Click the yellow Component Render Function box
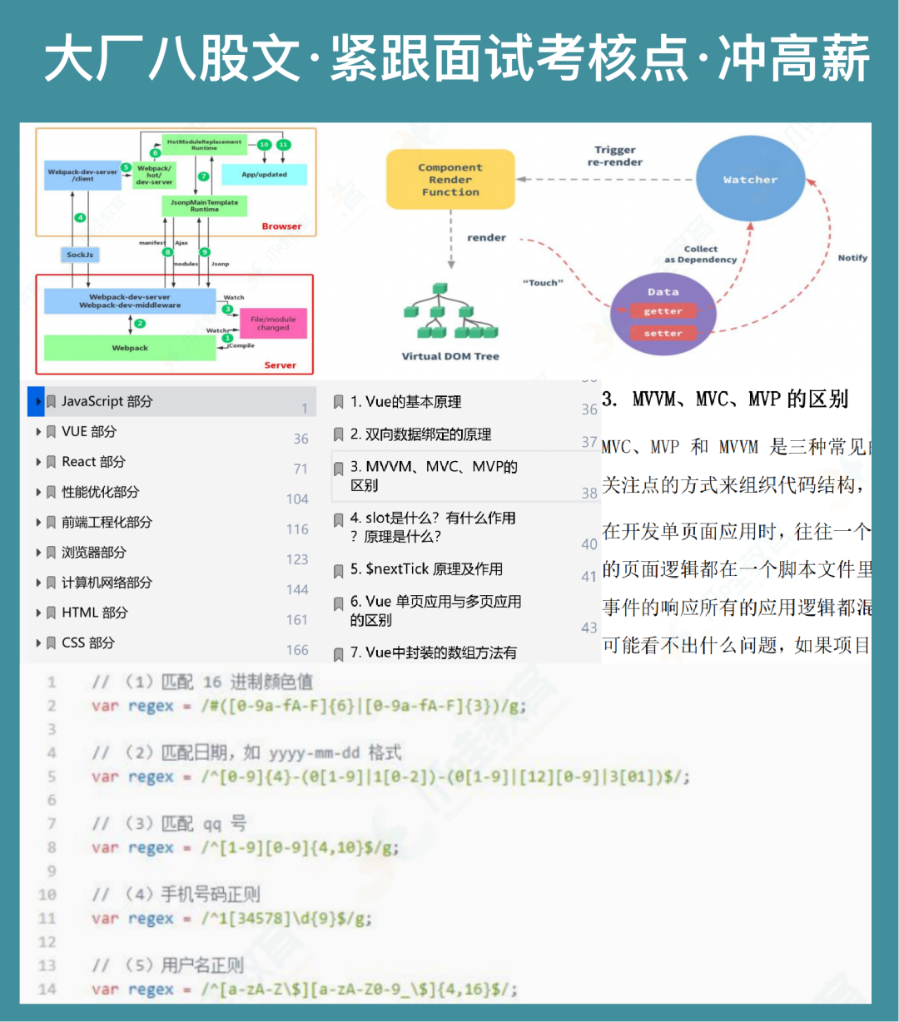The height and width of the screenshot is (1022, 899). point(450,180)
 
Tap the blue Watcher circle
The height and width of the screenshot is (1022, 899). point(750,180)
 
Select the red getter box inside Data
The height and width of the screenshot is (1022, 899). point(663,311)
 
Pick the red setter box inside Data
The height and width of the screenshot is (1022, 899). point(663,333)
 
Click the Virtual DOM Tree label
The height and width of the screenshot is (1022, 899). point(450,356)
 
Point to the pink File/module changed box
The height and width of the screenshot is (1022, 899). point(273,323)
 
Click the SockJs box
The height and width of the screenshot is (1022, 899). point(80,255)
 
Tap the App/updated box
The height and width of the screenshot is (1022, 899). point(264,175)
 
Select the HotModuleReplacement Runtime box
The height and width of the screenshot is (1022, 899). point(204,145)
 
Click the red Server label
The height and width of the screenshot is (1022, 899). point(280,365)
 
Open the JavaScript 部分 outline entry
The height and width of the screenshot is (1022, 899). point(107,401)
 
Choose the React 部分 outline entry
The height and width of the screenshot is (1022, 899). point(93,462)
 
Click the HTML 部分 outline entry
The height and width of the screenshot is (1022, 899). point(94,613)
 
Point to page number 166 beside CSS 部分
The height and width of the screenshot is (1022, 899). point(297,650)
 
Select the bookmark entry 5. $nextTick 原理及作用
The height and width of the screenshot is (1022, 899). point(426,569)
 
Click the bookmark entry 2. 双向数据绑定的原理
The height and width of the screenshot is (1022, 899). point(420,434)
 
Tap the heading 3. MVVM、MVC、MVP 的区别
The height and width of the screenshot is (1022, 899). point(725,399)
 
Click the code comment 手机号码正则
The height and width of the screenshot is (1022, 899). point(210,895)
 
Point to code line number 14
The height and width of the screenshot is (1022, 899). point(47,990)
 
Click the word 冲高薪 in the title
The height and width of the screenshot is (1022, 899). point(794,60)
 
